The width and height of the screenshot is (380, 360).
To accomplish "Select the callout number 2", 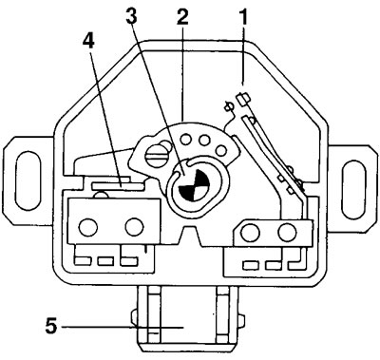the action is tap(182, 16).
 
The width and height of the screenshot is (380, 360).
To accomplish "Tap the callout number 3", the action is tap(131, 16).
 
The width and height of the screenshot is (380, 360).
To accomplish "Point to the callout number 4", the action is tap(89, 40).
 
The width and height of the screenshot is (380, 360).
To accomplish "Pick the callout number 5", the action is tap(51, 326).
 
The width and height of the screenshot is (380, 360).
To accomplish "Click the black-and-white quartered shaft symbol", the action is tap(194, 184).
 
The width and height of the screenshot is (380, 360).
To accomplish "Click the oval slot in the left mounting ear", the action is tap(28, 180).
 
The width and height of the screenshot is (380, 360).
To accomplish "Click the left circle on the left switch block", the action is tap(88, 227).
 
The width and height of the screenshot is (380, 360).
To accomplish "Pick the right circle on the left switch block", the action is tap(135, 226).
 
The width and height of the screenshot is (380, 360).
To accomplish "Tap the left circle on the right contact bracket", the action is tap(250, 233).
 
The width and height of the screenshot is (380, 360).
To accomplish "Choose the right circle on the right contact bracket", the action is tap(287, 233).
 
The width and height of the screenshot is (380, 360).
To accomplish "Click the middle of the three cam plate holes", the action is tap(204, 140).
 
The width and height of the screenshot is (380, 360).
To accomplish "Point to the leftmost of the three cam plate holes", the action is tap(185, 140).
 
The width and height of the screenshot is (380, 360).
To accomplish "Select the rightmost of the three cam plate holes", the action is tap(221, 149).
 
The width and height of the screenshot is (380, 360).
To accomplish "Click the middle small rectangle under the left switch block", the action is tap(105, 261).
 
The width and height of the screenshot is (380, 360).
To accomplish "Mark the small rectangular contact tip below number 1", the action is tap(244, 99).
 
